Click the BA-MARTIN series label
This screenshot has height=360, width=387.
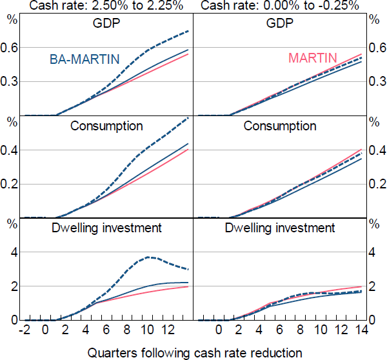pos(84,59)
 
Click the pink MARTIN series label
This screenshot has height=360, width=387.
pos(313,58)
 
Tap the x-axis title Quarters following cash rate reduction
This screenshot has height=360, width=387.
pos(193,352)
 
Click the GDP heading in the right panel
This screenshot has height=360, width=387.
pos(280,24)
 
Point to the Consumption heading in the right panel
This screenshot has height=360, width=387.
pos(280,126)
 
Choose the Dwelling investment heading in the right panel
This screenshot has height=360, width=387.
pos(280,228)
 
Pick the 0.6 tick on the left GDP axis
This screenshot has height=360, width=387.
pos(11,48)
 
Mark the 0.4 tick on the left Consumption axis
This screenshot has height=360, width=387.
pos(11,150)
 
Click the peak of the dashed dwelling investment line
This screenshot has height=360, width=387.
pos(149,257)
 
